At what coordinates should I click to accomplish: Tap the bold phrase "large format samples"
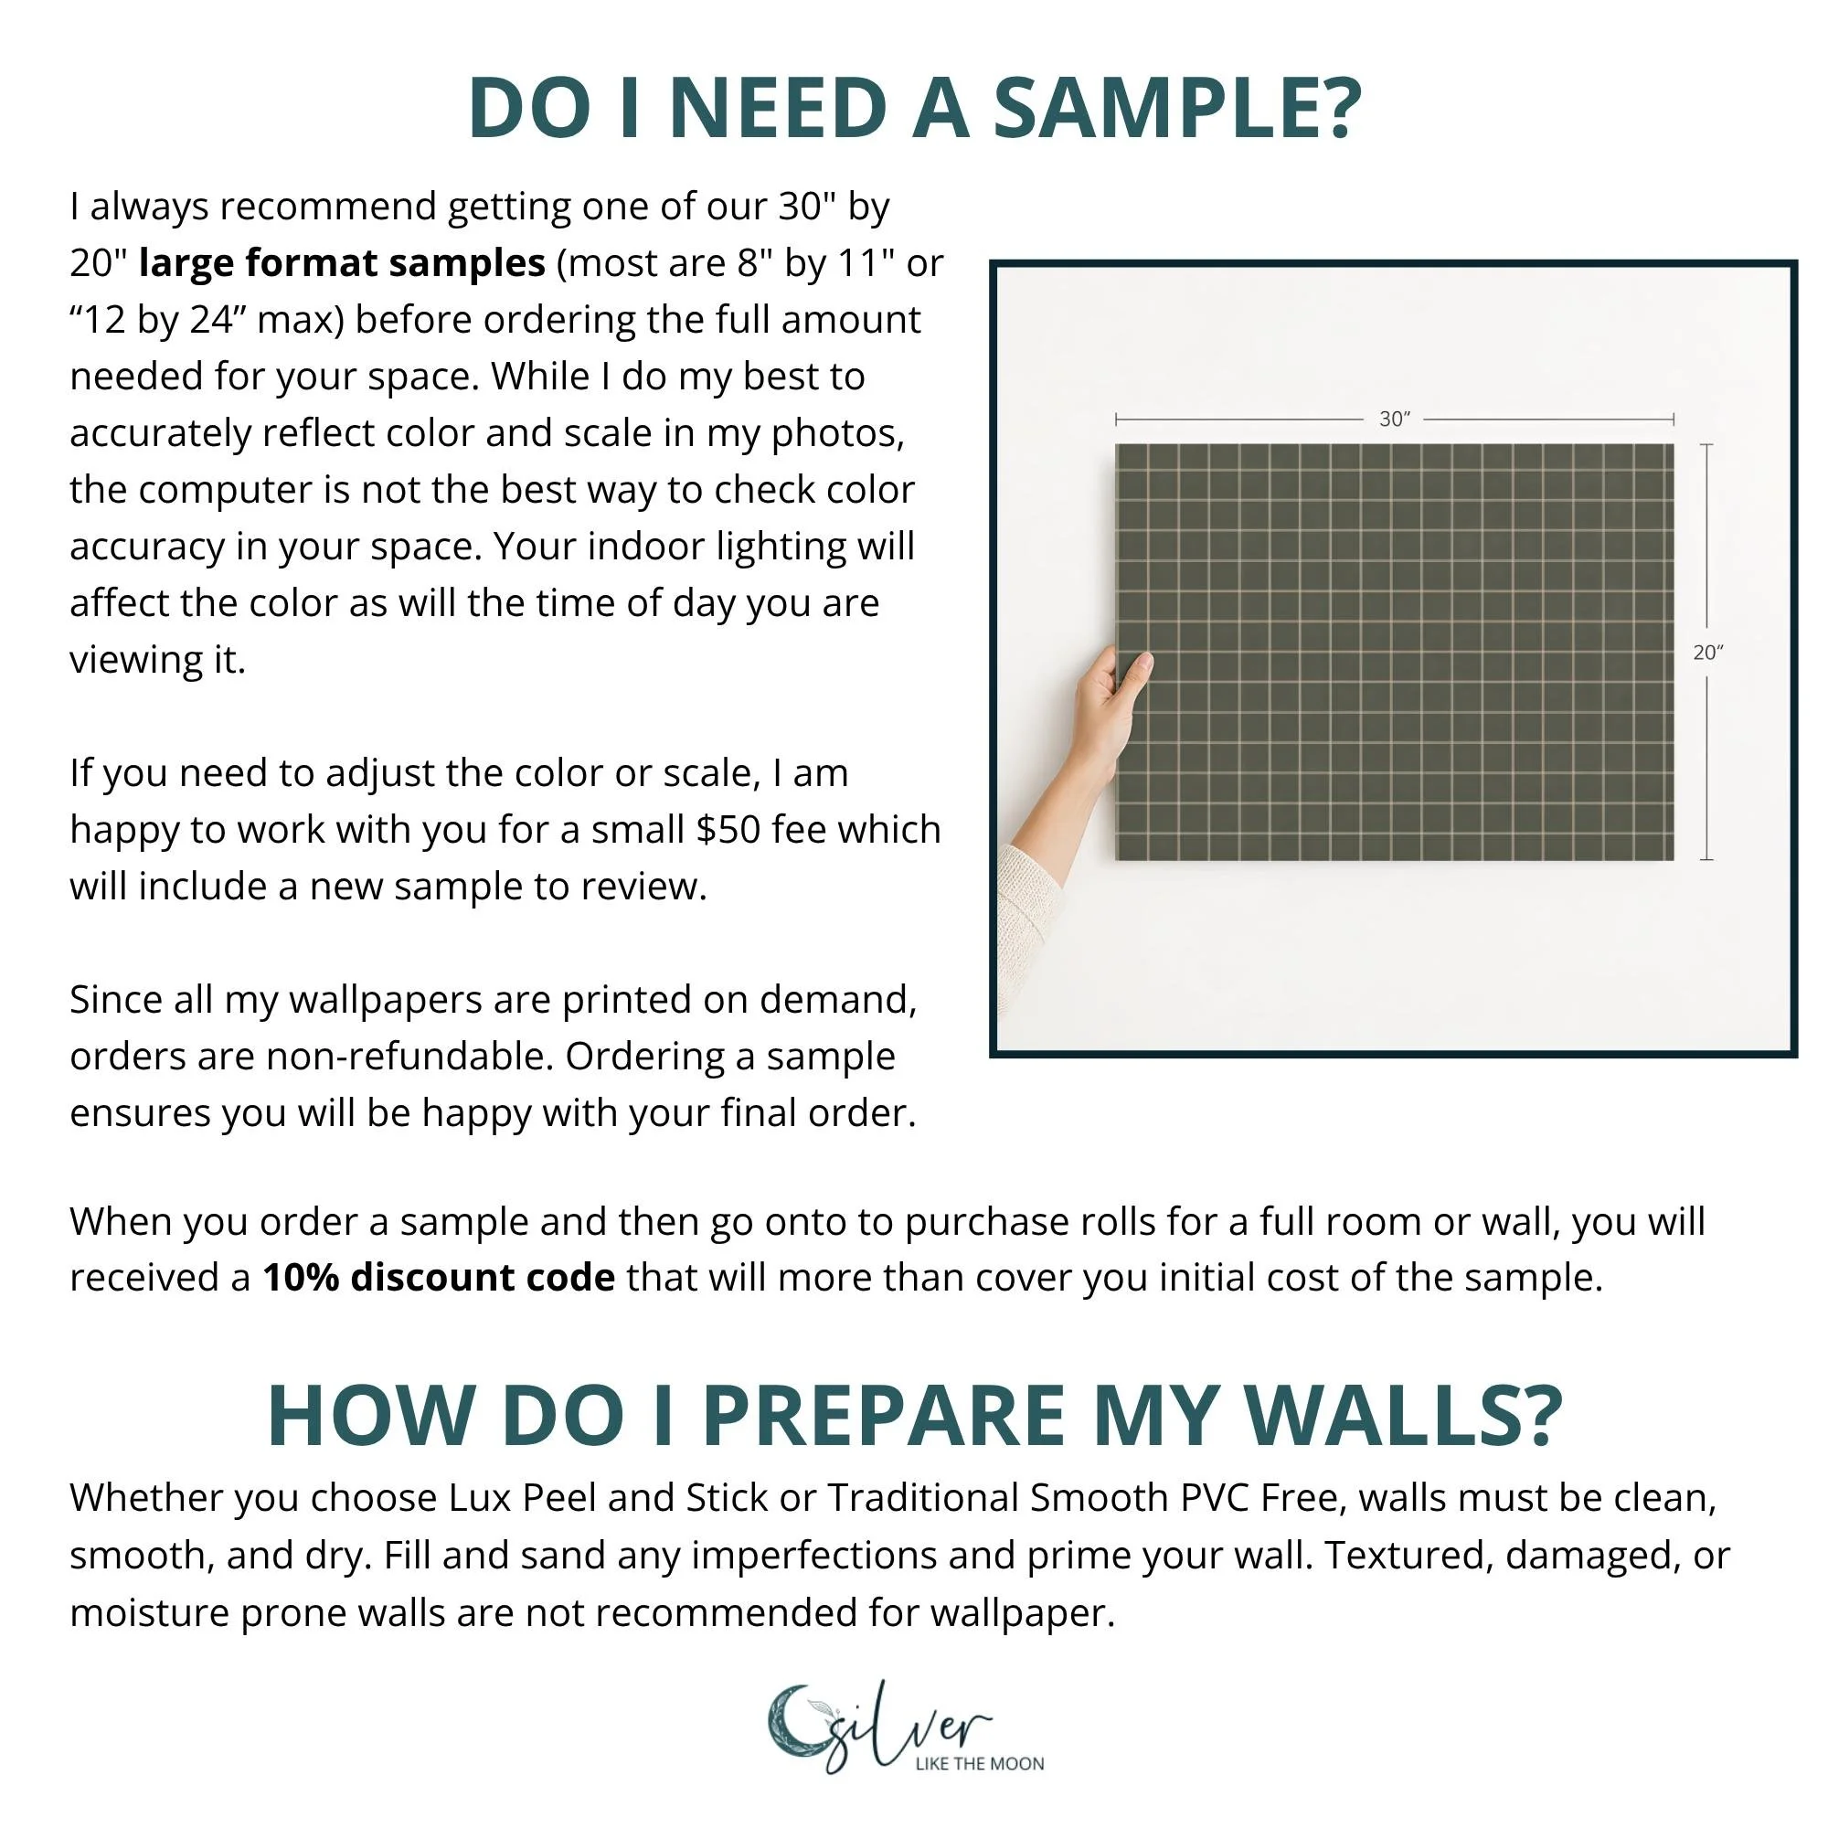342,263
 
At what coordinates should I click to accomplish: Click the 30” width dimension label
1395,419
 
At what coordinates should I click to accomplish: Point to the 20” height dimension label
1708,652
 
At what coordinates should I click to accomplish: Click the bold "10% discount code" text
439,1278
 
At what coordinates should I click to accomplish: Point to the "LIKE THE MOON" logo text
979,1764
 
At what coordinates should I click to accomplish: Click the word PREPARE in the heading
884,1416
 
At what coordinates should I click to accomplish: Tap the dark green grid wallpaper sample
1394,652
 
